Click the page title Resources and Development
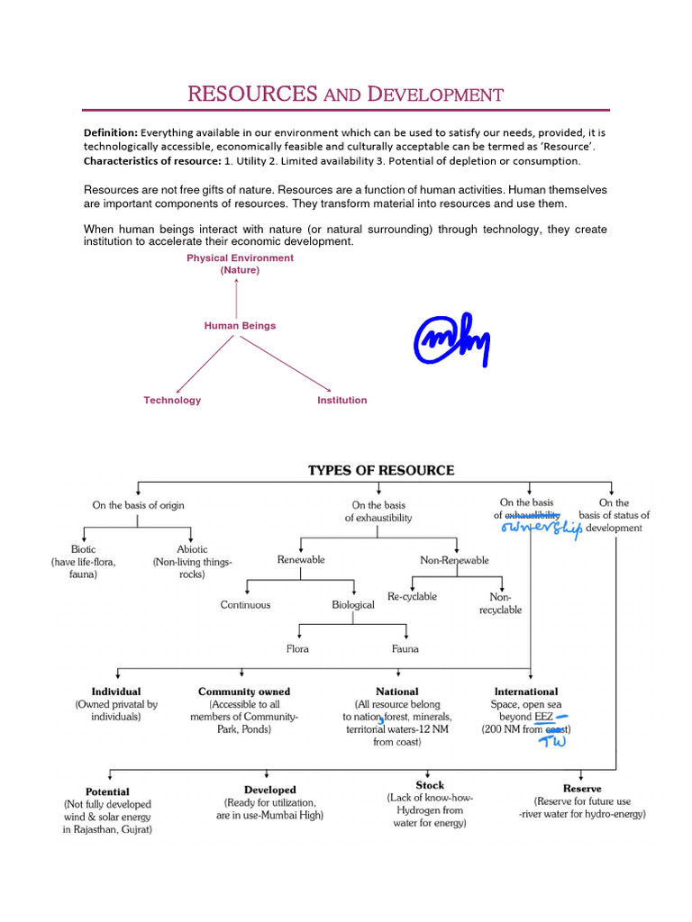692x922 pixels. click(x=345, y=94)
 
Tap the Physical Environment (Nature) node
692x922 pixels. click(x=240, y=264)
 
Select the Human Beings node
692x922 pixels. click(x=240, y=326)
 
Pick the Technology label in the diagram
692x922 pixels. click(x=172, y=400)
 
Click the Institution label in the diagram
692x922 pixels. click(x=341, y=400)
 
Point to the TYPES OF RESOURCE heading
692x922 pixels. click(x=381, y=470)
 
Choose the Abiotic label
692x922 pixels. click(x=192, y=548)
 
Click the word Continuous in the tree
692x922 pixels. click(x=245, y=605)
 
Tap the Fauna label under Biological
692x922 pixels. click(x=405, y=648)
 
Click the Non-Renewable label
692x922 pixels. click(x=455, y=560)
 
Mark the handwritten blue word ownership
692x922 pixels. click(x=542, y=529)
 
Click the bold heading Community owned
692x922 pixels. click(x=244, y=691)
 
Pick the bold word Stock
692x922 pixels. click(x=430, y=785)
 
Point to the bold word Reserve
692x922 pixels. click(x=581, y=789)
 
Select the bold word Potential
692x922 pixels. click(x=107, y=791)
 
